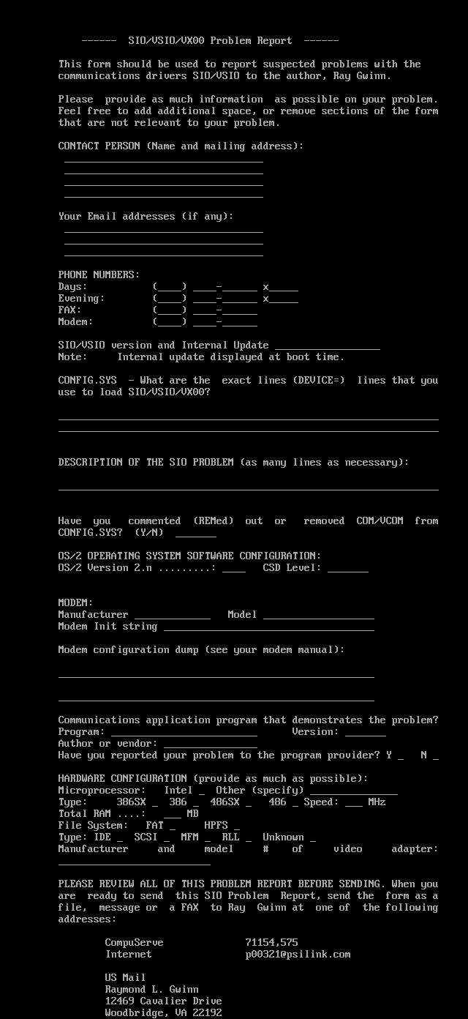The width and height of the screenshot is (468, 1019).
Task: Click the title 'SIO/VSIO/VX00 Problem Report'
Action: click(x=210, y=41)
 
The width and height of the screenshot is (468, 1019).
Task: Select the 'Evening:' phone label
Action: click(x=81, y=299)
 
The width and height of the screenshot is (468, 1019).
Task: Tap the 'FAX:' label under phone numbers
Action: click(x=69, y=310)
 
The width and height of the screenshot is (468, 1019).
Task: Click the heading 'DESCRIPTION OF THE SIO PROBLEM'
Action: click(x=146, y=463)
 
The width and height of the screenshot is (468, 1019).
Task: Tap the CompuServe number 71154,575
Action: click(x=271, y=943)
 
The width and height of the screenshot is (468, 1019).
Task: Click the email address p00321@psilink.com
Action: click(x=298, y=955)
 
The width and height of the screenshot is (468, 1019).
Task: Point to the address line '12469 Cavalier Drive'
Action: click(x=163, y=1001)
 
